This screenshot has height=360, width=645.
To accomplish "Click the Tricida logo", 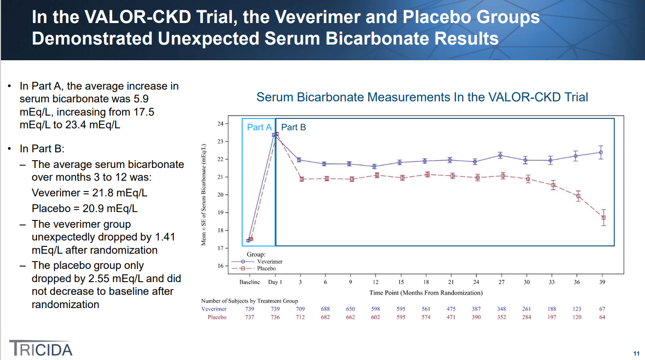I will [41, 348].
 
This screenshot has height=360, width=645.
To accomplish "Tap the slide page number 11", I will [636, 354].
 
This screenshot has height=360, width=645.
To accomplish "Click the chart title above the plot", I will [422, 97].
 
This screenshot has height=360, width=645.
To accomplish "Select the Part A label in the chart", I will [259, 127].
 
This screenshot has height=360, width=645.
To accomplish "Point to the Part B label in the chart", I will [294, 127].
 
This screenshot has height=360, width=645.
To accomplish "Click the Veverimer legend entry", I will [269, 262].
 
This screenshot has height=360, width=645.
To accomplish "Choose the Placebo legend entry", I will [266, 268].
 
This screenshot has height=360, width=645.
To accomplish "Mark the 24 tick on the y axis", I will [220, 124].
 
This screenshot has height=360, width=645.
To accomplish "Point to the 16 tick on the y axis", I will [220, 266].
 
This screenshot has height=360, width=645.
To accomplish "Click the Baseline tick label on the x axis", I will [249, 282].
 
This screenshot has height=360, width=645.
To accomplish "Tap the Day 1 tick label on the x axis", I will [275, 282].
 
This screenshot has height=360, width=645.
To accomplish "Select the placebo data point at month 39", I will [603, 217].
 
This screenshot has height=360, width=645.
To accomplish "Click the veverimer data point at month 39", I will [601, 152].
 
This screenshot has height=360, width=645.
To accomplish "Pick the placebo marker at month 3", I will [302, 179].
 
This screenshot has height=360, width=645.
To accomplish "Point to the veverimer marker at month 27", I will [500, 155].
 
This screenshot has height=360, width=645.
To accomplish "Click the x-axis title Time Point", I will [425, 293].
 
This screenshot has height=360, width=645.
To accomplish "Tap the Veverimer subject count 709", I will [300, 309].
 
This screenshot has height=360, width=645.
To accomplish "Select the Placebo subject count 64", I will [602, 317].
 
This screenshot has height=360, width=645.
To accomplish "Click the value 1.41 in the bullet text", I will [165, 237].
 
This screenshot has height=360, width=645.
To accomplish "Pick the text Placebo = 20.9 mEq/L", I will [84, 208].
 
